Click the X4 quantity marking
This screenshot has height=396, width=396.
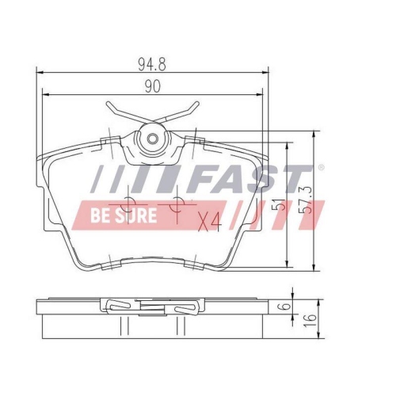tap(209, 222)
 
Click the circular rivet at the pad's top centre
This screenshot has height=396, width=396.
tap(151, 140)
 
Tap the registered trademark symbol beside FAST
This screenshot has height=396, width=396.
tap(320, 168)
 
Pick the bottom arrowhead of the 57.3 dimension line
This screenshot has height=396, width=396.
tap(316, 270)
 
